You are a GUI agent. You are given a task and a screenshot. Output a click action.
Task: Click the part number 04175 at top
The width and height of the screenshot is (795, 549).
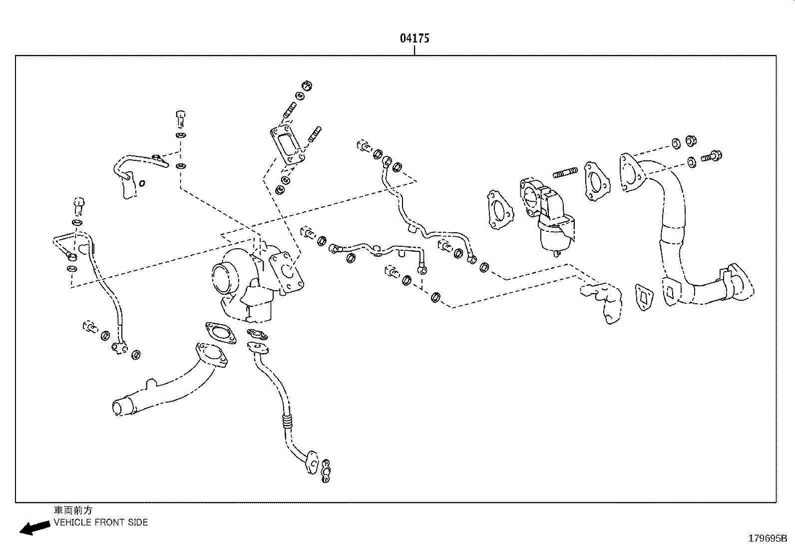coord(414,38)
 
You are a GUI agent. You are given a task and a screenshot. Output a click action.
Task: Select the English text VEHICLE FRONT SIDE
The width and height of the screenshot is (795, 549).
coord(101,523)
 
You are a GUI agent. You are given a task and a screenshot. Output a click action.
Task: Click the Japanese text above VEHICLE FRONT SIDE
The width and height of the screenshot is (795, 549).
coord(73,511)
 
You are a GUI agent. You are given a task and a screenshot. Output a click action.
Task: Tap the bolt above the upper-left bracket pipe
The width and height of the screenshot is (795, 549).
coord(181,118)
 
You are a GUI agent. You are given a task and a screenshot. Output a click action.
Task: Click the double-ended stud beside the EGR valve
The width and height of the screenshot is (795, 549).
coord(565,174)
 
